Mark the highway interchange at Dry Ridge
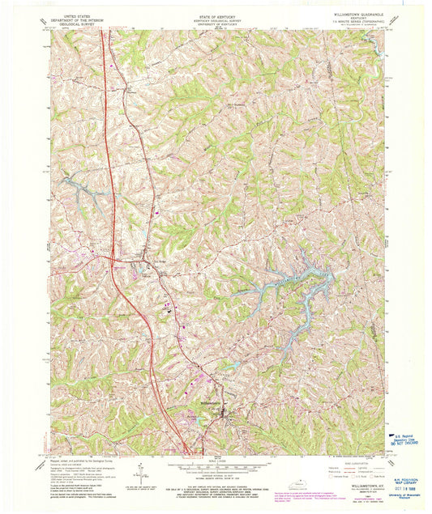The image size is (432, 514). click(113, 258)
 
